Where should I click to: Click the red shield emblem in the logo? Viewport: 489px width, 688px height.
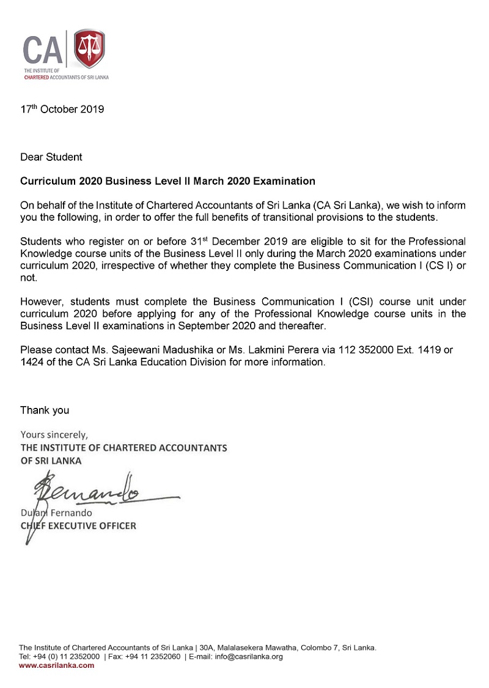pos(89,50)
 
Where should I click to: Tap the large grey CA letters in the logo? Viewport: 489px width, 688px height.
pos(43,51)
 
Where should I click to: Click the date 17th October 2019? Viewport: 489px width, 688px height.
pos(62,109)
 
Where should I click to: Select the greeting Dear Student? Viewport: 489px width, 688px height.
pos(51,157)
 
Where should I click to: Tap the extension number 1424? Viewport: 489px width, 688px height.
pos(32,361)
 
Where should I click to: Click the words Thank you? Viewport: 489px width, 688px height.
pos(45,410)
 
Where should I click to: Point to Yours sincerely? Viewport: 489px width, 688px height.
pos(54,435)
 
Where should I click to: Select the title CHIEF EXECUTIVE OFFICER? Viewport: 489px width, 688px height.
pos(78,525)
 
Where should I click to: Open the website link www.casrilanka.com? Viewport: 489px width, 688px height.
pos(57,665)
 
